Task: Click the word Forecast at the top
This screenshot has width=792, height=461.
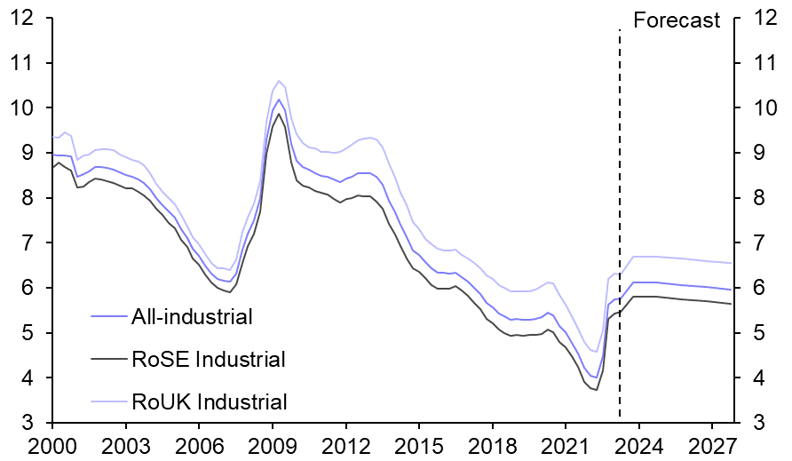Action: point(677,20)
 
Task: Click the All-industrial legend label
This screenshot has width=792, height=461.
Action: point(192,316)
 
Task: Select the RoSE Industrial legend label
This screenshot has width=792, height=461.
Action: point(209,359)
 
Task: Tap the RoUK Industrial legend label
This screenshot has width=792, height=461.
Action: point(209,401)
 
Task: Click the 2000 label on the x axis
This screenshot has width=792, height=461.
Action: point(52,444)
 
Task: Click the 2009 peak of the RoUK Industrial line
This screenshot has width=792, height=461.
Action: point(279,81)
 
